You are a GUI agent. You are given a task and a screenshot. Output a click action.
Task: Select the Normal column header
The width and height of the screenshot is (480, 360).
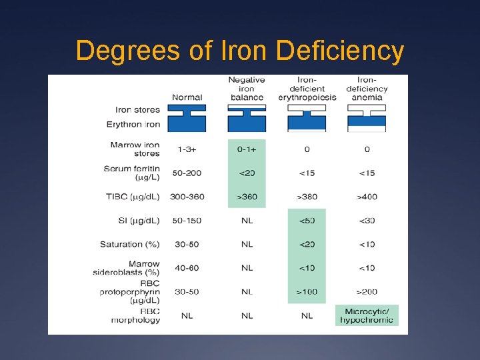pyautogui.click(x=187, y=97)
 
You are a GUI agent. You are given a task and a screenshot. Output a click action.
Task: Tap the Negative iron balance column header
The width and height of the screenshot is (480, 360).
pyautogui.click(x=247, y=89)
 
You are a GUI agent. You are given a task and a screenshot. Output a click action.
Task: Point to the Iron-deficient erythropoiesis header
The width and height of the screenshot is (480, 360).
pyautogui.click(x=307, y=89)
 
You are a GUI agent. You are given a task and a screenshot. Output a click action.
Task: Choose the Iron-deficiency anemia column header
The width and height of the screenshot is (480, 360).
pyautogui.click(x=367, y=89)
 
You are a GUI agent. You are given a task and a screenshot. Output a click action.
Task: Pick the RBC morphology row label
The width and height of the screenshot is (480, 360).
pyautogui.click(x=136, y=315)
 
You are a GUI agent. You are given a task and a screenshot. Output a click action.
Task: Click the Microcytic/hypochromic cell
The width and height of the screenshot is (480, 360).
pyautogui.click(x=367, y=315)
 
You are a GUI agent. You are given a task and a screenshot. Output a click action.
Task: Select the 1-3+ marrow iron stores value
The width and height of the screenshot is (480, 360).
pyautogui.click(x=187, y=149)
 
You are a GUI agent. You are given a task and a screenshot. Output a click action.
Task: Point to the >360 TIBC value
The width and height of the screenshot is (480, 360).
pyautogui.click(x=247, y=197)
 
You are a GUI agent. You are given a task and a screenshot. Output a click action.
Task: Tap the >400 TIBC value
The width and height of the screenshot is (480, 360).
pyautogui.click(x=367, y=197)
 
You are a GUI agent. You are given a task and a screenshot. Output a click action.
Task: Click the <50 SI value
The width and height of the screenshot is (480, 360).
pyautogui.click(x=307, y=221)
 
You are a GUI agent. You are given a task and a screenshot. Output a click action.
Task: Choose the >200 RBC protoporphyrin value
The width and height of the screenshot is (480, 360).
pyautogui.click(x=367, y=291)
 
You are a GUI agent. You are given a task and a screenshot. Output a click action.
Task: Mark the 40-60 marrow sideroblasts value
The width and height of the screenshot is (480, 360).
pyautogui.click(x=187, y=268)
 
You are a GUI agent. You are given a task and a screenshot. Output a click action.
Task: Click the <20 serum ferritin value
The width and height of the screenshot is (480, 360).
pyautogui.click(x=247, y=173)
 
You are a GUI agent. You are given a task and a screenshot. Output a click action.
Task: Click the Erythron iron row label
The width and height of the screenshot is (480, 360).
pyautogui.click(x=133, y=124)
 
